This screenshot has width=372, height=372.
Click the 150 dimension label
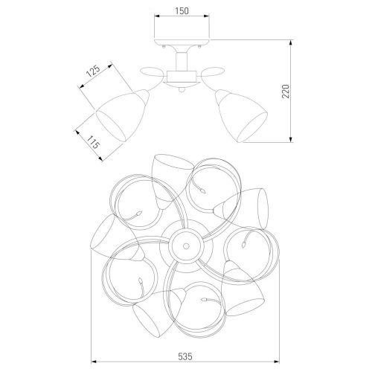[x=182, y=11]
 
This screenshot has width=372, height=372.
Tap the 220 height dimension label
[x=286, y=92]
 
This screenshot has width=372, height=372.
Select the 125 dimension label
[x=93, y=71]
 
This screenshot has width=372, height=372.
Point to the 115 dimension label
[x=93, y=141]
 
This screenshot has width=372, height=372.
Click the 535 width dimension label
[x=185, y=356]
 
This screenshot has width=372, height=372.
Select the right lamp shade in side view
[x=241, y=116]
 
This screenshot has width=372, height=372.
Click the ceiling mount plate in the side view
[x=182, y=42]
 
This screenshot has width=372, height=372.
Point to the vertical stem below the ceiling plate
[x=182, y=61]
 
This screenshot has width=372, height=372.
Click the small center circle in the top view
[x=186, y=246]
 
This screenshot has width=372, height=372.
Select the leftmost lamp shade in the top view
[x=117, y=238]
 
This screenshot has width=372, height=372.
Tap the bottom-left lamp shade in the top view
[x=158, y=313]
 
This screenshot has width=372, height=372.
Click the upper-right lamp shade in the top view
[x=242, y=208]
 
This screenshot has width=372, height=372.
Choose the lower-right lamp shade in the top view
[x=242, y=289]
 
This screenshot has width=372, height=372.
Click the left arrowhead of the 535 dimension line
[x=94, y=362]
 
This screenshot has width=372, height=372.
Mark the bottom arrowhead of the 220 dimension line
[x=291, y=140]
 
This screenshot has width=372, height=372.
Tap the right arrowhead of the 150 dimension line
[x=206, y=16]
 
